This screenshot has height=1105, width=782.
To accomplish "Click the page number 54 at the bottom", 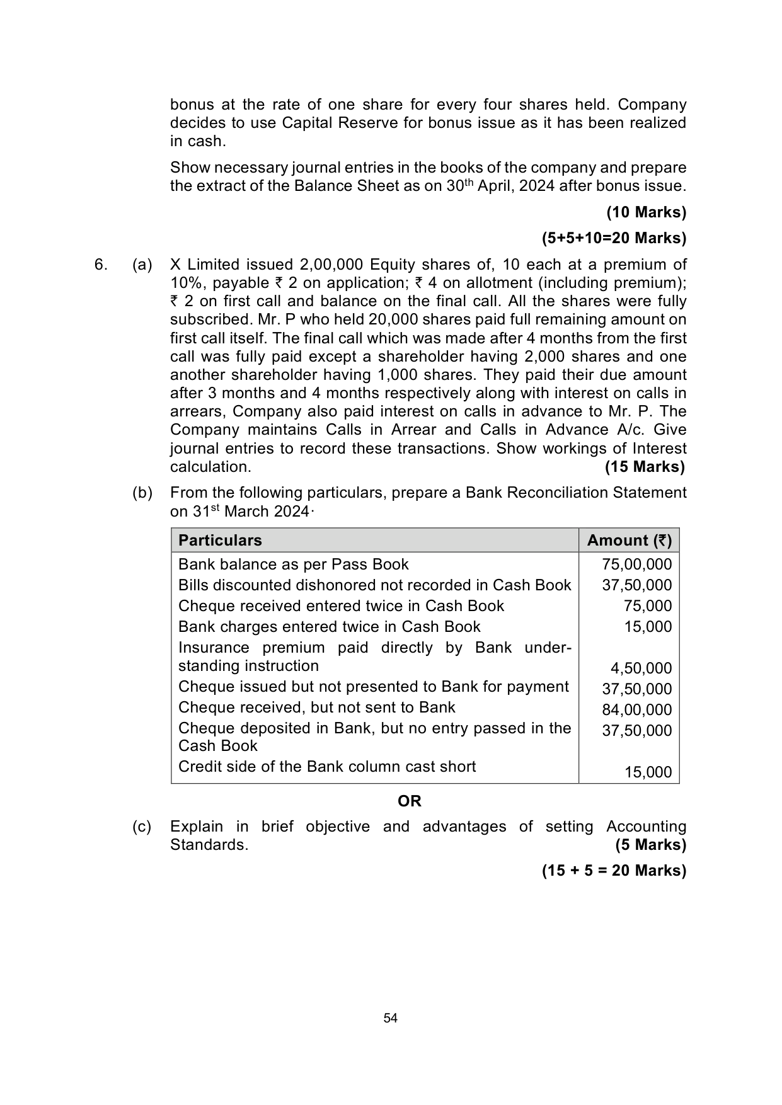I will [391, 1019].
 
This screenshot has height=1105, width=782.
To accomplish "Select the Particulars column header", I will [220, 541].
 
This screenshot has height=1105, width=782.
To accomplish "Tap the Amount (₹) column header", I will [629, 541].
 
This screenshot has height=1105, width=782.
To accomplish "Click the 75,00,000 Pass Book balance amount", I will [636, 564].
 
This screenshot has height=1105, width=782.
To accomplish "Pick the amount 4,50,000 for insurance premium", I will [641, 668].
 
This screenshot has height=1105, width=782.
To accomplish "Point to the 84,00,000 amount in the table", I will [636, 710].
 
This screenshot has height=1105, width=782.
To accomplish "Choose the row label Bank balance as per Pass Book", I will [294, 564].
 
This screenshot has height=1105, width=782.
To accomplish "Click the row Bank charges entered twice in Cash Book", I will [329, 627].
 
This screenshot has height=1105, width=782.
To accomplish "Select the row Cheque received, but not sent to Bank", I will [316, 707].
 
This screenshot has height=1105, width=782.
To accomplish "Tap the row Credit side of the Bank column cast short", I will [327, 767].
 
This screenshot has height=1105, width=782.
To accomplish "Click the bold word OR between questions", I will [410, 801].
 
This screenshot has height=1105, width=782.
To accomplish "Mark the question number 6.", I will [100, 265].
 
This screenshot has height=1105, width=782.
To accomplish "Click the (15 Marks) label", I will [645, 467].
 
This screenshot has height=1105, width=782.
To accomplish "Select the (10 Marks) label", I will [646, 212].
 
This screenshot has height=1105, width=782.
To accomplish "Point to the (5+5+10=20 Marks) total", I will [614, 238].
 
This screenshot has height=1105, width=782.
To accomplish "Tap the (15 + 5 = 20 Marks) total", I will [614, 871].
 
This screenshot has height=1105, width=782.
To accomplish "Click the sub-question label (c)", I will [142, 827].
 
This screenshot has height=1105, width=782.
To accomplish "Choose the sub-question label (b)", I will [142, 493].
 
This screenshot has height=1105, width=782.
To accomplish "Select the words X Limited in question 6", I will [205, 265].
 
